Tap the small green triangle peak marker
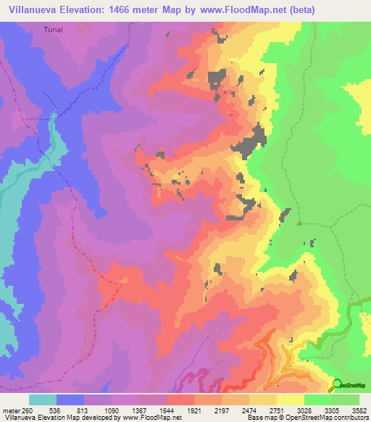[x=299, y=223]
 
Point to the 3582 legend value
[x=359, y=410]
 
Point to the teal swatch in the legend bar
[x=43, y=399]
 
